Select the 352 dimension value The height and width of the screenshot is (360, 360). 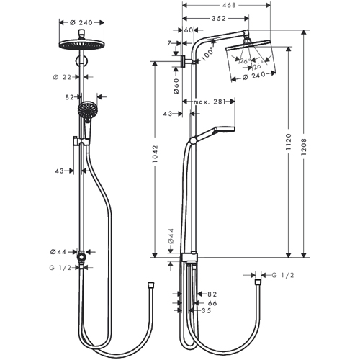point(219,18)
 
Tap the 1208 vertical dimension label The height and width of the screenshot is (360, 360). point(304,146)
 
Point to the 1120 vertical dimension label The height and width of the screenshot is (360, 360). point(289,142)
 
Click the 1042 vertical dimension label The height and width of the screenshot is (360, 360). point(156,154)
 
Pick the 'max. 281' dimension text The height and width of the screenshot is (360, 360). point(210,102)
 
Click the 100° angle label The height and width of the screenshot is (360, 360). point(207,55)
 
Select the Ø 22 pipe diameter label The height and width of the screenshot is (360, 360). point(62,77)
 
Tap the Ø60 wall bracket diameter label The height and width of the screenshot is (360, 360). point(176,86)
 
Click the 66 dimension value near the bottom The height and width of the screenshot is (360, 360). point(212,303)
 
